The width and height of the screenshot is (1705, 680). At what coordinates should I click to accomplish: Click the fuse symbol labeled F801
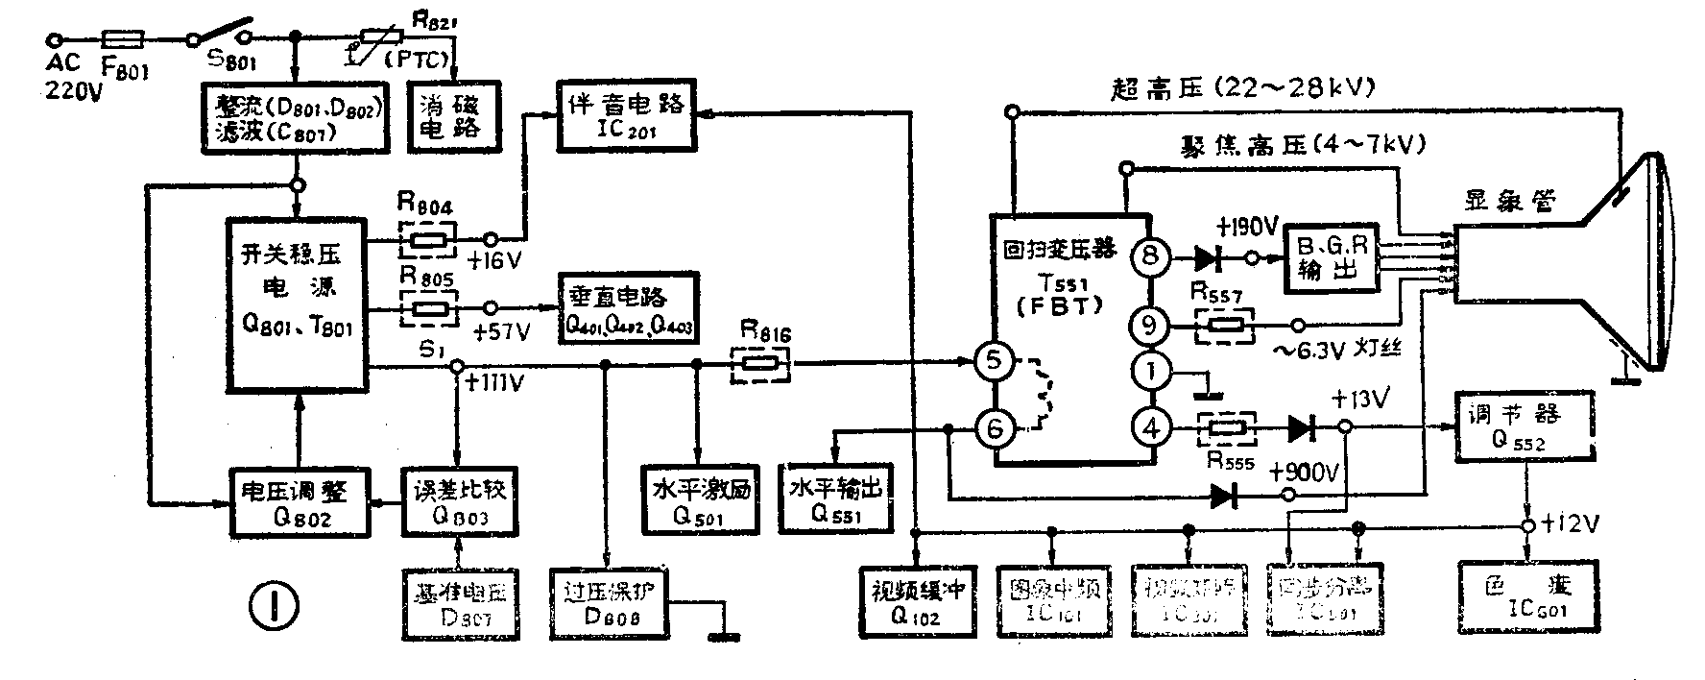pos(123,38)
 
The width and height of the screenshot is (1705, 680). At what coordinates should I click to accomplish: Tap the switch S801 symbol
pos(223,31)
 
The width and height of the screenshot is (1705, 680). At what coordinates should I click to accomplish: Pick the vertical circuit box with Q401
pos(629,307)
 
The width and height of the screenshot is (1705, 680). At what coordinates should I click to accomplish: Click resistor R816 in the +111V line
pos(760,364)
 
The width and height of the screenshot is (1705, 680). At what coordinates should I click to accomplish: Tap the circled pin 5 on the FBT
pos(995,362)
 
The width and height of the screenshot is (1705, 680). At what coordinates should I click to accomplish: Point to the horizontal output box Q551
pos(834,498)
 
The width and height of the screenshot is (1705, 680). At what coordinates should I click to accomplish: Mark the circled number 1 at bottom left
pos(273,604)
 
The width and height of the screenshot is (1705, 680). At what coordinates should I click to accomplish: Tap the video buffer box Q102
pos(916,601)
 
